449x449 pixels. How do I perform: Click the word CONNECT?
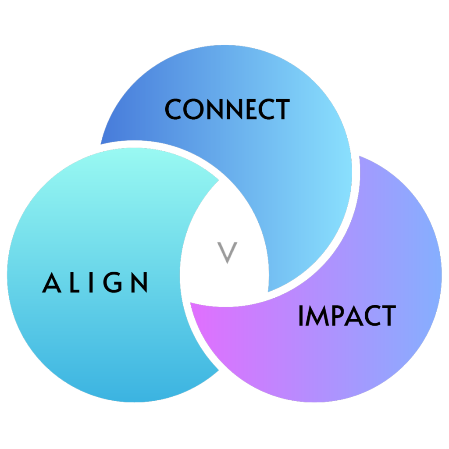point(227,110)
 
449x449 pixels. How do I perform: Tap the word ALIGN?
point(95,283)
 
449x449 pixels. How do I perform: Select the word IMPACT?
point(347,316)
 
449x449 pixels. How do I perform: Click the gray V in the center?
point(227,253)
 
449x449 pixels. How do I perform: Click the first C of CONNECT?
point(174,110)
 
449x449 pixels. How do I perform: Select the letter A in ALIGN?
point(51,283)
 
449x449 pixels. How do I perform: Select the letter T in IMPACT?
point(388,316)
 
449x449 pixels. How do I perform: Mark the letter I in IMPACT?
point(301,316)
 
